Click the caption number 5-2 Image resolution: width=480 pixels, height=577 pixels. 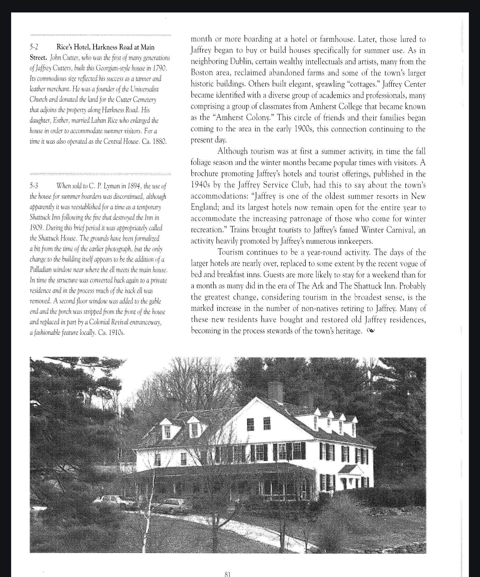coord(34,47)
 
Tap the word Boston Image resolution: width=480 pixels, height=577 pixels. coord(202,73)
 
